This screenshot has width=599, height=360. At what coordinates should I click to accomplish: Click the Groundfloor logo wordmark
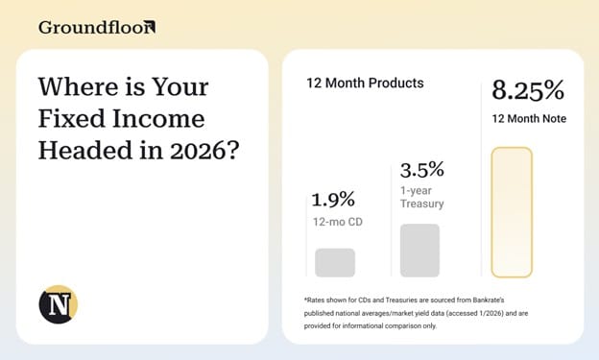(x=97, y=28)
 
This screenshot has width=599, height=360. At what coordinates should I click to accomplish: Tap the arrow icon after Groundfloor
(x=150, y=27)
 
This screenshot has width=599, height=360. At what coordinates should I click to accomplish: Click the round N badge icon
(x=58, y=304)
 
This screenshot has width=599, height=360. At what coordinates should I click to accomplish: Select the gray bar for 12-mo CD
(x=335, y=262)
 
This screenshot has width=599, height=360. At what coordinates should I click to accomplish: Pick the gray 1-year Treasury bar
(x=419, y=251)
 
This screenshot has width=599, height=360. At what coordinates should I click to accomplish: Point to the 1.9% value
(x=333, y=200)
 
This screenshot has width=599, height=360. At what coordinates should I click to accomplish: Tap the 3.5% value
(x=422, y=170)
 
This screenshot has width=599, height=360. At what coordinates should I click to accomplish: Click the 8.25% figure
(x=528, y=90)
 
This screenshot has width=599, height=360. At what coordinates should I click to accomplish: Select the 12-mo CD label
(x=338, y=222)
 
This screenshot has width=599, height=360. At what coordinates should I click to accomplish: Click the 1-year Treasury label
(x=421, y=197)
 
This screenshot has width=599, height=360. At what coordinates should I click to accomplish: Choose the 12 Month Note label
(x=529, y=119)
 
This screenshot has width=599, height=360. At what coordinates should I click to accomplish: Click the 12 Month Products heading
(x=365, y=83)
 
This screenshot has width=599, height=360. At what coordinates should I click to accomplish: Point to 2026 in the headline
(x=204, y=150)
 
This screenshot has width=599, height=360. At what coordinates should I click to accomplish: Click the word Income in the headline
(x=158, y=118)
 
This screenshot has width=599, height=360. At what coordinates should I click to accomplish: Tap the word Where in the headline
(x=79, y=86)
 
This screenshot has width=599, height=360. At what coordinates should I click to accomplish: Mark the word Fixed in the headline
(x=71, y=118)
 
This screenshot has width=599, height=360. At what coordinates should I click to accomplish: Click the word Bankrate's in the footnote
(x=489, y=300)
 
